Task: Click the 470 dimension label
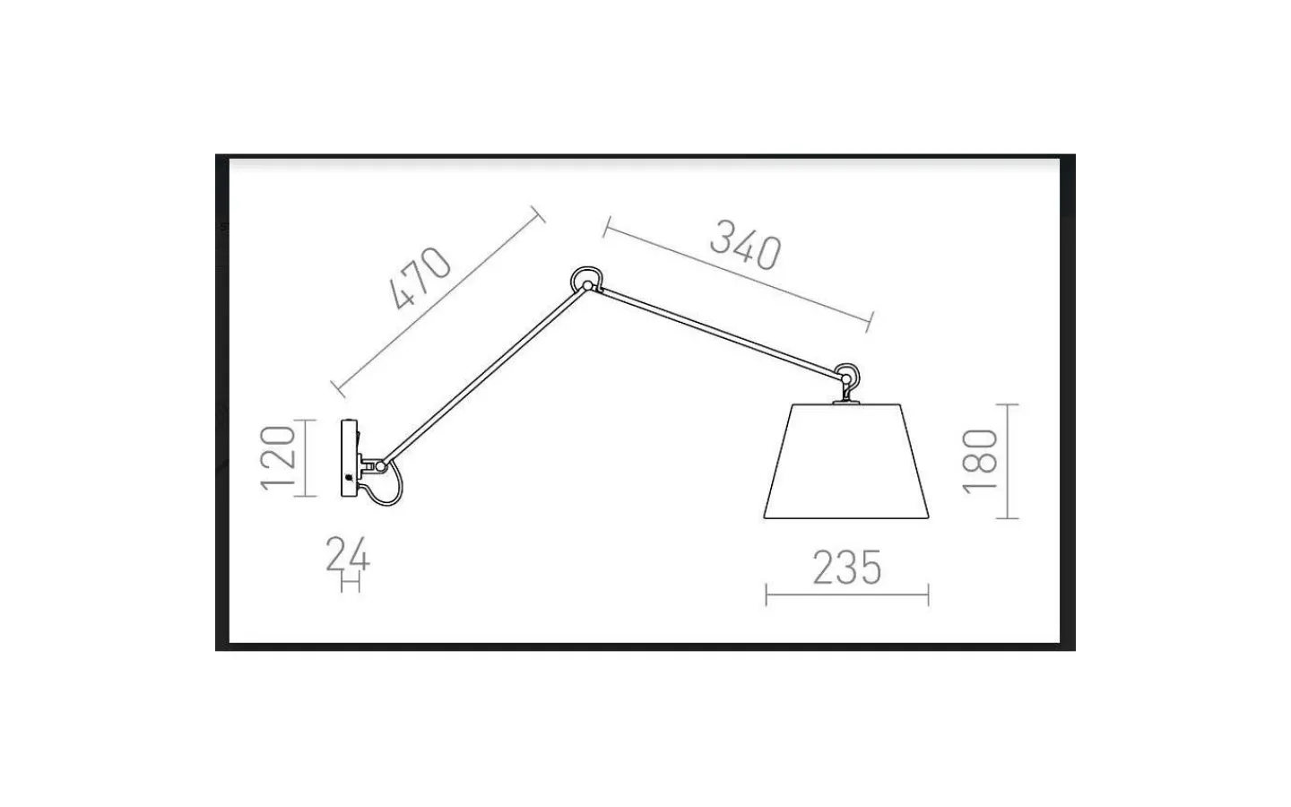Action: pyautogui.click(x=420, y=278)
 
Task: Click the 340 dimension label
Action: pyautogui.click(x=746, y=245)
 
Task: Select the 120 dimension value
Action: pyautogui.click(x=278, y=458)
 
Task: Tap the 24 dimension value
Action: pyautogui.click(x=348, y=554)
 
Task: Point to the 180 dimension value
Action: pyautogui.click(x=980, y=462)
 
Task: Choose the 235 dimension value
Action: pyautogui.click(x=847, y=568)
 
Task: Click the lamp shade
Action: pyautogui.click(x=846, y=461)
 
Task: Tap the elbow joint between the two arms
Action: pyautogui.click(x=586, y=282)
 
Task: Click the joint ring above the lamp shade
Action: pyautogui.click(x=846, y=376)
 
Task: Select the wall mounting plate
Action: pyautogui.click(x=350, y=458)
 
